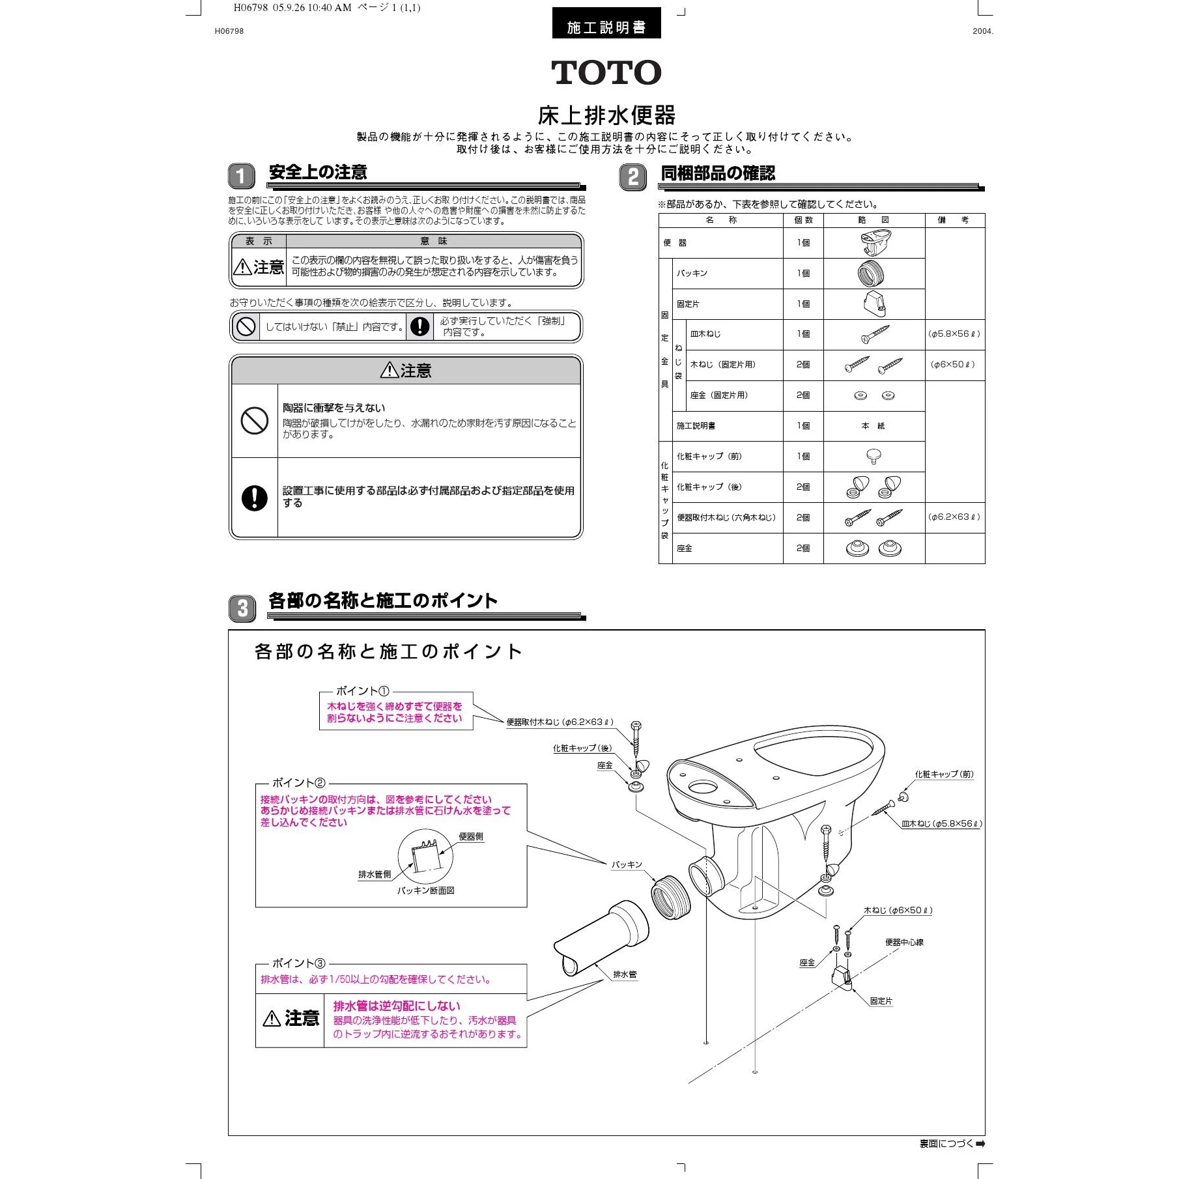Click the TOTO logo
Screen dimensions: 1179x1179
[606, 72]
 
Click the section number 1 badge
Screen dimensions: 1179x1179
[241, 176]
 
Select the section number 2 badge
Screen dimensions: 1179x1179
[632, 177]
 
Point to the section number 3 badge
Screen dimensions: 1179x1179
[242, 608]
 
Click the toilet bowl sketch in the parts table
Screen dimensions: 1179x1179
[874, 242]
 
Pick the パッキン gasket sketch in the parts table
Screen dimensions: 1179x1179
[870, 274]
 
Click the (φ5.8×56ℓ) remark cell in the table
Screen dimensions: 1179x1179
[954, 334]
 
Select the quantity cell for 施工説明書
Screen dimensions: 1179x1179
[803, 426]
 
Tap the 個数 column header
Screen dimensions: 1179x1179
[803, 220]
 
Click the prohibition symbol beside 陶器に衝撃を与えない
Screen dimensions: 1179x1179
[254, 421]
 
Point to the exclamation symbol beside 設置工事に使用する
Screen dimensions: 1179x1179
[254, 498]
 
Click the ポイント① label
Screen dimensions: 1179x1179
[362, 691]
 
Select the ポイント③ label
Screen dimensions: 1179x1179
[298, 963]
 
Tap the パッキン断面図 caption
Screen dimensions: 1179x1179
[426, 890]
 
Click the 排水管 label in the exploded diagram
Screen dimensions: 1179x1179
[625, 974]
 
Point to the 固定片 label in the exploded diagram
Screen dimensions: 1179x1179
[881, 1001]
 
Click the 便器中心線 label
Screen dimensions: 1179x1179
[904, 943]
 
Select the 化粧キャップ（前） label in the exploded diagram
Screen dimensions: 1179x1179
[944, 774]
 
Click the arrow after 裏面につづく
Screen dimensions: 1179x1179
[980, 1144]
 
